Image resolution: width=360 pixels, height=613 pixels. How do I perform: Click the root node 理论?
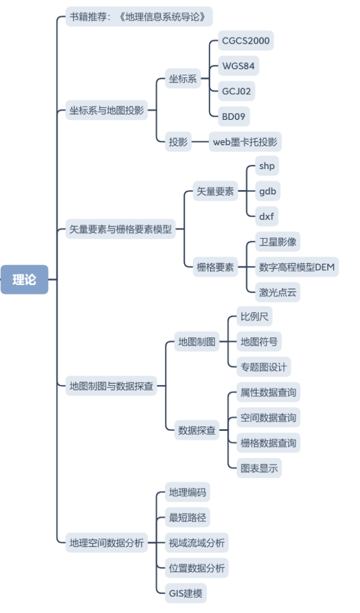click(x=24, y=279)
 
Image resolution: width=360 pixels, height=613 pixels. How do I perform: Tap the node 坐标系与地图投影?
click(x=107, y=110)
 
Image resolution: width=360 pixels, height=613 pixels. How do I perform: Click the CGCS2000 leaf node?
click(x=246, y=41)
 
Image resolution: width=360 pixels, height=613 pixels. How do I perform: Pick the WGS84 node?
click(x=238, y=66)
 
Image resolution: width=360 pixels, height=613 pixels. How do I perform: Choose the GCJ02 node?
click(x=237, y=91)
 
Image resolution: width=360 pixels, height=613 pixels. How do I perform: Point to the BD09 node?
click(x=234, y=116)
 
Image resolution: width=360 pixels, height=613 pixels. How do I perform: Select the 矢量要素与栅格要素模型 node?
click(x=120, y=230)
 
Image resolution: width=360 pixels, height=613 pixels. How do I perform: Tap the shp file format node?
click(x=266, y=166)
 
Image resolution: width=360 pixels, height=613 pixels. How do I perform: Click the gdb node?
click(x=267, y=191)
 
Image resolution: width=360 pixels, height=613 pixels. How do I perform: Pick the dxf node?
click(x=266, y=216)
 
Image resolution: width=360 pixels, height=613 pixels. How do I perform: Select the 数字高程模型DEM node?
click(x=297, y=267)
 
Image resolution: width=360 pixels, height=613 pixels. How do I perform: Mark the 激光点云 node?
click(x=277, y=292)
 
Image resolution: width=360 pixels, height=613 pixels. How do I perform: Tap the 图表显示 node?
click(x=259, y=468)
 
